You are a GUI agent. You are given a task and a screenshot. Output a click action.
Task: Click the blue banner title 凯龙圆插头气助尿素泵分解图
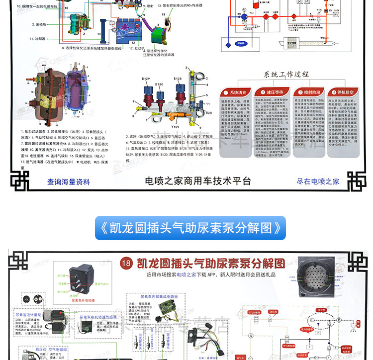190,228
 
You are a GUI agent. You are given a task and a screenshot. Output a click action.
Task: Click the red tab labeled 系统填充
235,92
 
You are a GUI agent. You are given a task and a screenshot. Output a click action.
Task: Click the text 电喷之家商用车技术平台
198,181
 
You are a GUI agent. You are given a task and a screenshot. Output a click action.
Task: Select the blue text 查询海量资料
69,182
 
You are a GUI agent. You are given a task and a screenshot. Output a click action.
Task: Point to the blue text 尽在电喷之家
318,182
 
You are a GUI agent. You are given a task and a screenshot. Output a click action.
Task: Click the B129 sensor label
146,79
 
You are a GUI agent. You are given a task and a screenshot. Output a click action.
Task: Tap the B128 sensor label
178,79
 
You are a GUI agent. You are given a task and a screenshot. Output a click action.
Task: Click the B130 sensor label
159,85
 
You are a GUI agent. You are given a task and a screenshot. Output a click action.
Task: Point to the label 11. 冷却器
38,38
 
